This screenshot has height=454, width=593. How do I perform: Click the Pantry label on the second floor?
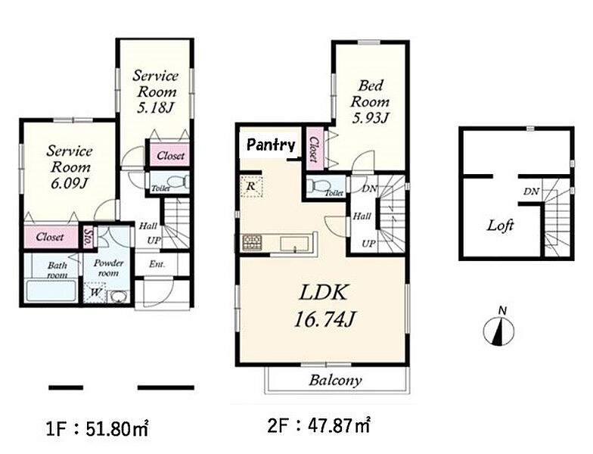[x=271, y=145]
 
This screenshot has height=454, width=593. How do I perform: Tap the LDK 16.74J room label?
[x=324, y=306]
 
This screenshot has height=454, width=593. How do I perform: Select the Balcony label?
[x=335, y=380]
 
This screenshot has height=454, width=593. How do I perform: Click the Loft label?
[x=500, y=225]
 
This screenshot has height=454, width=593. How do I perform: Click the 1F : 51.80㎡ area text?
[x=97, y=429]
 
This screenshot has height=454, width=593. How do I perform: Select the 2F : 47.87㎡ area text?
[x=319, y=426]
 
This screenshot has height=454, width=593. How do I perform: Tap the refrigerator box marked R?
[x=251, y=186]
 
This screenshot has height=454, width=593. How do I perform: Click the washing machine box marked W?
[x=95, y=293]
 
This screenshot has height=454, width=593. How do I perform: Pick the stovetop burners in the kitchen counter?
[x=252, y=242]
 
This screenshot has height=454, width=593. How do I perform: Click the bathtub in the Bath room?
[x=51, y=291]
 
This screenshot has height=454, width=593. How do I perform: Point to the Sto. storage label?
[x=88, y=238]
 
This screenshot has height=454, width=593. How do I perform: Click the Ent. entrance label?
[x=157, y=264]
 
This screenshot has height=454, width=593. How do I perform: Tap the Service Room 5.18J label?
[x=155, y=92]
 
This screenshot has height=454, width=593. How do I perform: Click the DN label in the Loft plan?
[x=531, y=192]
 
